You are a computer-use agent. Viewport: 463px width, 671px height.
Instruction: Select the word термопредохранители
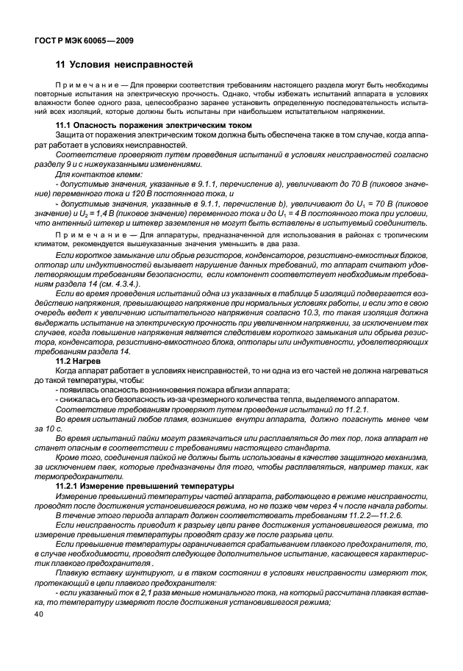point(73,476)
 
